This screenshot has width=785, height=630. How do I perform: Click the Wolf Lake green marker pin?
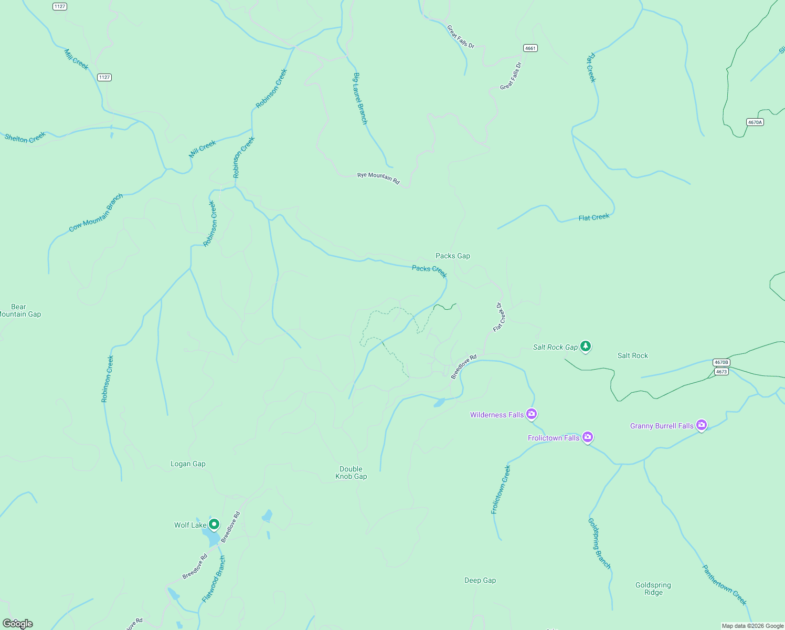(x=214, y=524)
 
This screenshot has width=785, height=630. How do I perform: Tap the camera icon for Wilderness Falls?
(x=532, y=414)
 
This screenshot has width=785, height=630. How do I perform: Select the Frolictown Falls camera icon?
(x=588, y=437)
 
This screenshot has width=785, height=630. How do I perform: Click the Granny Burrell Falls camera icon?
(x=702, y=425)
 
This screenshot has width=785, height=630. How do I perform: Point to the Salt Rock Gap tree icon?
(x=586, y=346)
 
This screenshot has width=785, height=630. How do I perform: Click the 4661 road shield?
(x=531, y=48)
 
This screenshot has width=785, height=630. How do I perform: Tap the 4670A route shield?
(x=755, y=122)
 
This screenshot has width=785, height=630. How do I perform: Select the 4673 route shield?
(x=722, y=372)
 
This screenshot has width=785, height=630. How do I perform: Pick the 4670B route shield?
(x=722, y=362)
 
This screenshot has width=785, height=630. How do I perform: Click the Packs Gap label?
(x=453, y=256)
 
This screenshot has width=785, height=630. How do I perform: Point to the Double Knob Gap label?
(x=351, y=473)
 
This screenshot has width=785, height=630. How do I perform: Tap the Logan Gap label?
(x=188, y=464)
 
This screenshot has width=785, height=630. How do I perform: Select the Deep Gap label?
(x=480, y=581)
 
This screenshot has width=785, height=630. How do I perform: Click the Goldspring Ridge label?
(x=653, y=589)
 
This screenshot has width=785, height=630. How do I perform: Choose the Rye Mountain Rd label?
(x=378, y=178)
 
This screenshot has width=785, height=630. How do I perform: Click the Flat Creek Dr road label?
(x=499, y=317)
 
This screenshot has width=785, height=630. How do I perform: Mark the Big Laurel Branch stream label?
(x=360, y=98)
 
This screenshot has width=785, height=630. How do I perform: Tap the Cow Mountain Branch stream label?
(x=96, y=213)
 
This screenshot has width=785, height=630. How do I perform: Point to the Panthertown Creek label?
(x=724, y=585)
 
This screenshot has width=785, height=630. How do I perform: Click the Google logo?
(x=18, y=624)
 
